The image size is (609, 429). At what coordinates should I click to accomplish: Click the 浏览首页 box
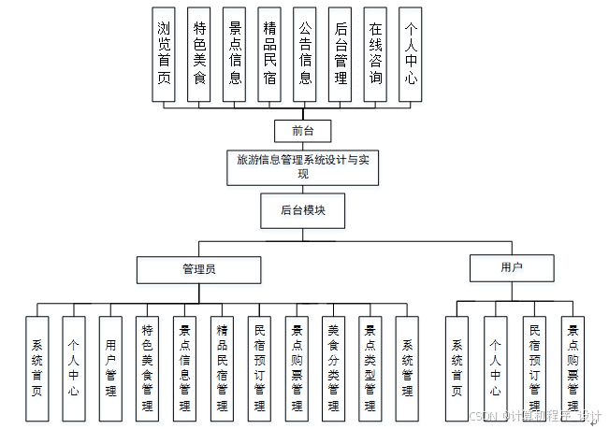tap(164, 54)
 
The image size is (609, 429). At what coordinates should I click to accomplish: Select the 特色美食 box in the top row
tap(199, 54)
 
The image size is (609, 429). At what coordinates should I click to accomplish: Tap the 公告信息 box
tap(304, 54)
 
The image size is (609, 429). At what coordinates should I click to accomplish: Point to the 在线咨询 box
tap(375, 54)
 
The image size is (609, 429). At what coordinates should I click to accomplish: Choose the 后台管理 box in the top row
tap(341, 54)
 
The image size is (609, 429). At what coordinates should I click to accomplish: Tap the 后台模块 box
tap(301, 210)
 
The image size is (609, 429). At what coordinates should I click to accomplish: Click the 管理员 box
tap(198, 269)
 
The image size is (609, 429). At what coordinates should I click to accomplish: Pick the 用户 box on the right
tap(511, 268)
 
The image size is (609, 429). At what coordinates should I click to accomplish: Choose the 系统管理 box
tap(407, 366)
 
